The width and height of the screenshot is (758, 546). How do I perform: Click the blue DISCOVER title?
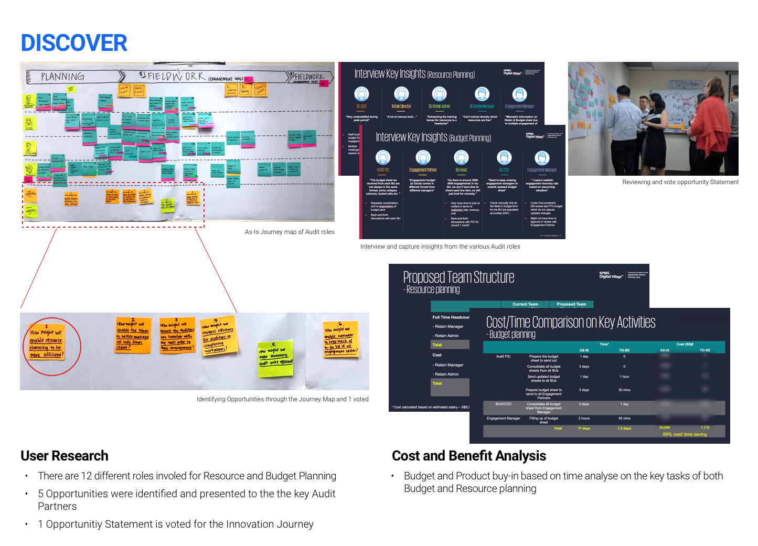pyautogui.click(x=74, y=43)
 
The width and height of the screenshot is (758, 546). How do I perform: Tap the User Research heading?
pyautogui.click(x=65, y=456)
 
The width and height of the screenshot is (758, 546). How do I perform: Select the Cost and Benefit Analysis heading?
pyautogui.click(x=469, y=456)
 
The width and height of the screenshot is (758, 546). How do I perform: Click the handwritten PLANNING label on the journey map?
pyautogui.click(x=62, y=77)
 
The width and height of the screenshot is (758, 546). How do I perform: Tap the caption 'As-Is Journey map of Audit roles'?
pyautogui.click(x=290, y=232)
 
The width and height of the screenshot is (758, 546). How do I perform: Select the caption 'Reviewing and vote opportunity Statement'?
pyautogui.click(x=680, y=182)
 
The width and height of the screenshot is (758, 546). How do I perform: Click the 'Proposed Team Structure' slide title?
pyautogui.click(x=458, y=277)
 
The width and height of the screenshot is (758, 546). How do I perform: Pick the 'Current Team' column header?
pyautogui.click(x=525, y=304)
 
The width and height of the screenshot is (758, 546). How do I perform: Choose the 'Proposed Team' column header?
pyautogui.click(x=571, y=304)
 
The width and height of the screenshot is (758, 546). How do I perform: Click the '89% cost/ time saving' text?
pyautogui.click(x=685, y=434)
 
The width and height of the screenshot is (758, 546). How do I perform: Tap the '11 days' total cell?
pyautogui.click(x=584, y=429)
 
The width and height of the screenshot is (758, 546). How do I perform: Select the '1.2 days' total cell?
pyautogui.click(x=624, y=429)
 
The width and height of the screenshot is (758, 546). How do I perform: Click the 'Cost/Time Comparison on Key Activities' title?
pyautogui.click(x=571, y=322)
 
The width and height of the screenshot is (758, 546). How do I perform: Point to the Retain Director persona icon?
pyautogui.click(x=401, y=94)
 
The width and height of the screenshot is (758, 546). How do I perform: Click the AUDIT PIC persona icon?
pyautogui.click(x=383, y=157)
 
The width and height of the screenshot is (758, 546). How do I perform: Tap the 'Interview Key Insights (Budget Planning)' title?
pyautogui.click(x=433, y=137)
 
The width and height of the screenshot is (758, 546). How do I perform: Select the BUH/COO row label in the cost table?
pyautogui.click(x=503, y=404)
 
